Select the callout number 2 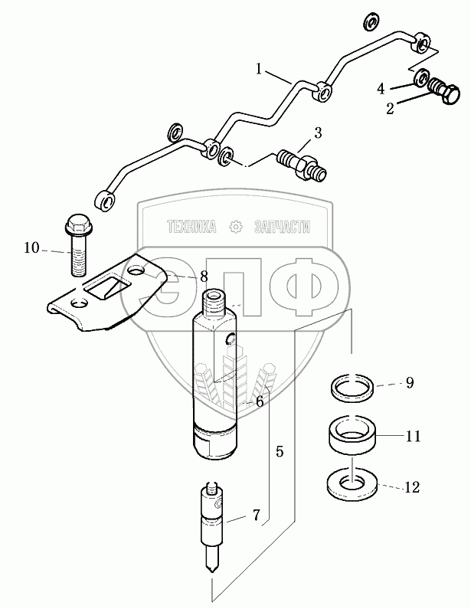[x=390, y=109]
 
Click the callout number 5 [x=280, y=452]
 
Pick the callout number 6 [x=260, y=401]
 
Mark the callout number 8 [x=204, y=277]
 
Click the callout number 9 [x=410, y=383]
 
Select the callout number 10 [x=31, y=247]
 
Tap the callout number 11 [x=414, y=437]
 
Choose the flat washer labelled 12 [x=351, y=483]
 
